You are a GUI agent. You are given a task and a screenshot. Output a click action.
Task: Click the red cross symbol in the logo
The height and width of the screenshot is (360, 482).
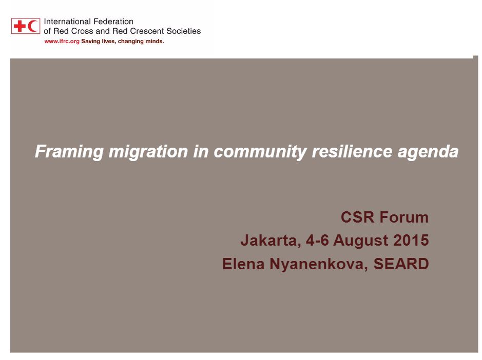(x=20, y=26)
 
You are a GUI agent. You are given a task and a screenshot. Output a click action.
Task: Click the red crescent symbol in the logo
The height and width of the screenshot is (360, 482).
(x=32, y=26)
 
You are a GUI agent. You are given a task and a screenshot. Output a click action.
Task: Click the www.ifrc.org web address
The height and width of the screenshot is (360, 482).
(x=62, y=42)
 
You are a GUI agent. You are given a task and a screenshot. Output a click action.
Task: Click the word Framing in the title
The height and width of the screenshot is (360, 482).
(x=69, y=151)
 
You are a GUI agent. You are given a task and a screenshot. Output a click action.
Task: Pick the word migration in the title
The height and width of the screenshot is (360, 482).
(x=148, y=151)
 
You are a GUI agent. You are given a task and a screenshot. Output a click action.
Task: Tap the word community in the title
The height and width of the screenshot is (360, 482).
(x=260, y=151)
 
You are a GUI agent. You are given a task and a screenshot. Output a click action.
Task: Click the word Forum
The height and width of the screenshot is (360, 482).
(x=404, y=217)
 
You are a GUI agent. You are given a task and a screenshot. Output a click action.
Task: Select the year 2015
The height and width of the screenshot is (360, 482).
(x=411, y=240)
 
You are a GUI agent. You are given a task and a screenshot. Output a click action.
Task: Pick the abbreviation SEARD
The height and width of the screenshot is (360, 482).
(x=401, y=264)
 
